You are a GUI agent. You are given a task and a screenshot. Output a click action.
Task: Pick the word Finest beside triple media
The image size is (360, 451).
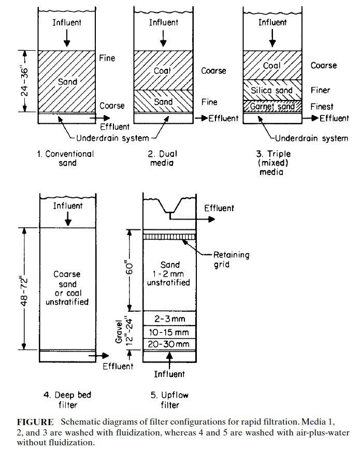(x=322, y=107)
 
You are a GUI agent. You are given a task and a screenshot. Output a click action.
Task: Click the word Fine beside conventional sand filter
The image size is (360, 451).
(x=107, y=59)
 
